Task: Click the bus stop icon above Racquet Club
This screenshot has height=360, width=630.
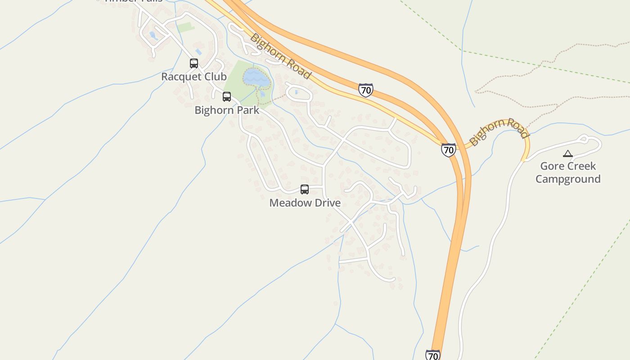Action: click(194, 63)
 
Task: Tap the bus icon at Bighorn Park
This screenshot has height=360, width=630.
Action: click(227, 97)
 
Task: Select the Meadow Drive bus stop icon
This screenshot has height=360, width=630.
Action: click(305, 189)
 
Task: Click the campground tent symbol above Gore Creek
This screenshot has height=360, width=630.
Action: click(568, 154)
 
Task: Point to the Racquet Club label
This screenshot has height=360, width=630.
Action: click(193, 76)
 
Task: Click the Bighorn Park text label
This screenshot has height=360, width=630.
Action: click(227, 110)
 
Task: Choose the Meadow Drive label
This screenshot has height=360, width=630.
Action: click(305, 203)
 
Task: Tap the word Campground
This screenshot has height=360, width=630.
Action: click(568, 179)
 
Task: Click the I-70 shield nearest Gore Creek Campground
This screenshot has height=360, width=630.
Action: click(448, 149)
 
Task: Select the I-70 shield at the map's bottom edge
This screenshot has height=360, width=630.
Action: click(432, 355)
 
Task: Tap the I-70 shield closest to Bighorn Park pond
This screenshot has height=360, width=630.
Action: click(366, 90)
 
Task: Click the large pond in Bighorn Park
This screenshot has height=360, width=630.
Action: click(256, 78)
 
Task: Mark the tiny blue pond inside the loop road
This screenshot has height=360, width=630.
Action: click(296, 92)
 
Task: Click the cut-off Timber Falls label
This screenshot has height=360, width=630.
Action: click(133, 1)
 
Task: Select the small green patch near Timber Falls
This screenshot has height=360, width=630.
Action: click(185, 27)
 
